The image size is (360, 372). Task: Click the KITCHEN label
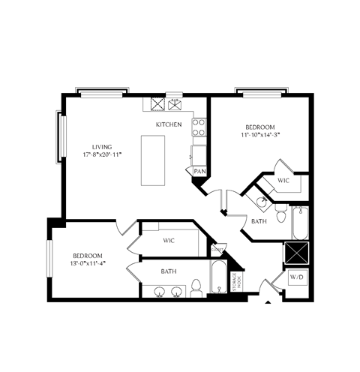[x=169, y=124]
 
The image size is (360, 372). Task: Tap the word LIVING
[x=102, y=147]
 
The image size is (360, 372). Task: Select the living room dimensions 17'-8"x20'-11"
[x=102, y=155]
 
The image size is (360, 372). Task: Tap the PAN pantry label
[x=199, y=171]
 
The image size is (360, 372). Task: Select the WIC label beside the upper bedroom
[x=283, y=181]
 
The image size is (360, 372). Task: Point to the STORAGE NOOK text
[x=235, y=281]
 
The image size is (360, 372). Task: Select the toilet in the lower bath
[x=196, y=287]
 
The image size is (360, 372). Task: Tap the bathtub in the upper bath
[x=299, y=222]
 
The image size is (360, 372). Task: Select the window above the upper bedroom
[x=260, y=94]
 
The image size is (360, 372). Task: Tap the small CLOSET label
[x=218, y=250]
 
